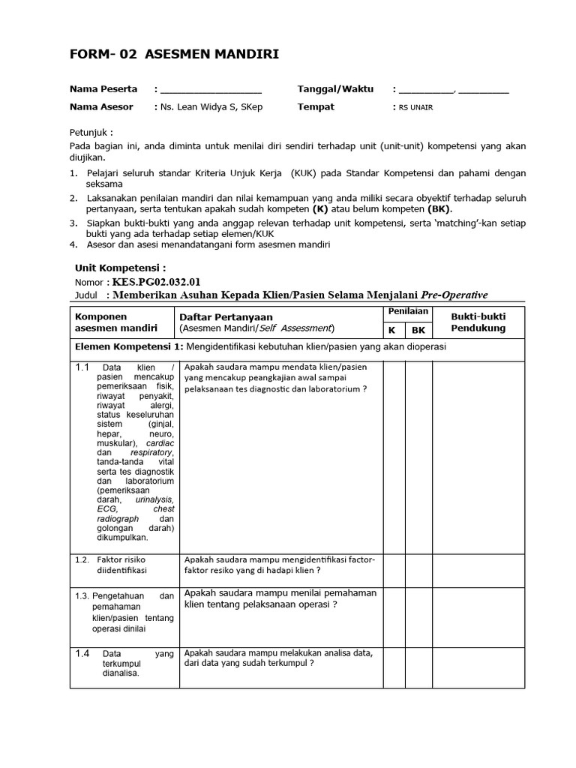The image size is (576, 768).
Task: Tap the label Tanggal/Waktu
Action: (335, 88)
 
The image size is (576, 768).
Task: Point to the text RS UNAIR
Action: (415, 107)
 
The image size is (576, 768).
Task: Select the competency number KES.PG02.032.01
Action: (157, 282)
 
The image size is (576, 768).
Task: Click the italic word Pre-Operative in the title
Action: (455, 295)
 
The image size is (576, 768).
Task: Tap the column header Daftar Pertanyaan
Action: (226, 317)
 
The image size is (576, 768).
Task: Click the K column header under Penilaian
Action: (391, 329)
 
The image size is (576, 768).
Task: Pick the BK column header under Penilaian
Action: (418, 329)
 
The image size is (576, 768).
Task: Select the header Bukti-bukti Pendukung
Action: (478, 322)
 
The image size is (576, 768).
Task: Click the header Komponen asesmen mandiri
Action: (116, 322)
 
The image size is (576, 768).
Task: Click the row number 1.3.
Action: (82, 595)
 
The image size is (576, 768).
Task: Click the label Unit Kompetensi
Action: (119, 267)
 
